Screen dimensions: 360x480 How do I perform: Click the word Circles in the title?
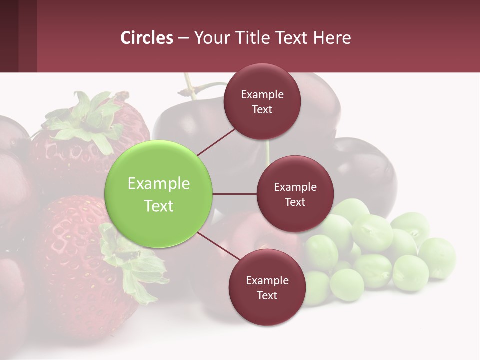[x=147, y=38]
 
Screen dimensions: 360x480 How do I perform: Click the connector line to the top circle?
[x=216, y=142]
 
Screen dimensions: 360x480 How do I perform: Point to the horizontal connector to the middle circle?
[x=235, y=194]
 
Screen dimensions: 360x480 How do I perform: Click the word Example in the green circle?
[x=159, y=184]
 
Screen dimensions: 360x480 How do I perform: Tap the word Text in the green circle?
[x=159, y=206]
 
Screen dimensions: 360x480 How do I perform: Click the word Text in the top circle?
[x=262, y=110]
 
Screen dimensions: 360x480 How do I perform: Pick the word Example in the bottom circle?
[x=267, y=280]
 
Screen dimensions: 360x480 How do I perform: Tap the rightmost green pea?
[x=437, y=257]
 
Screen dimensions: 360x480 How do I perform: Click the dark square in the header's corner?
[x=18, y=36]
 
